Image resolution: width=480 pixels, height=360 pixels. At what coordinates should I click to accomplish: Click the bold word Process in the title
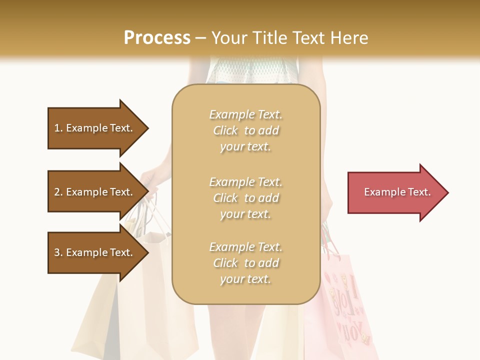(x=157, y=38)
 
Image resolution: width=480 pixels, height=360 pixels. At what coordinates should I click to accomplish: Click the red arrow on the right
(x=395, y=192)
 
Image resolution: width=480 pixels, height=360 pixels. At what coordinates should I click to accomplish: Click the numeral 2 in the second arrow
(x=57, y=192)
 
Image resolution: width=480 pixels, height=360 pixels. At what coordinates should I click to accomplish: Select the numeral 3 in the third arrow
(x=57, y=252)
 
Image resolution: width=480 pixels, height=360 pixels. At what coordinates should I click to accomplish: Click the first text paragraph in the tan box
(x=245, y=130)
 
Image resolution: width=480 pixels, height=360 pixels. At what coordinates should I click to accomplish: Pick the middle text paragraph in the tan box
(x=245, y=198)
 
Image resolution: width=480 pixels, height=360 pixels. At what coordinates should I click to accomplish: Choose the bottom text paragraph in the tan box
(x=245, y=263)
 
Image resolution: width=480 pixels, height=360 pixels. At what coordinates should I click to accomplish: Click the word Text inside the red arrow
(x=419, y=192)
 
